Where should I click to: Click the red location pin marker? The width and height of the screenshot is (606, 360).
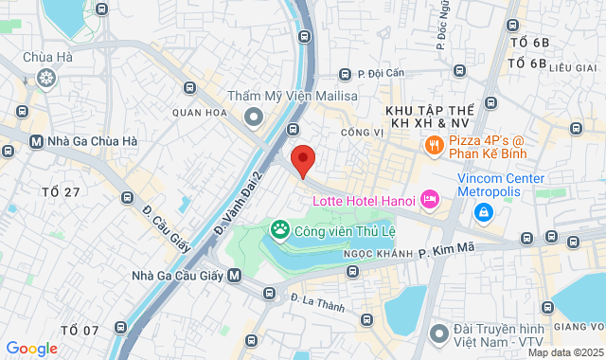(x=302, y=160)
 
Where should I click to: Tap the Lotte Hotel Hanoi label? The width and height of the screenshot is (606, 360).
(x=365, y=200)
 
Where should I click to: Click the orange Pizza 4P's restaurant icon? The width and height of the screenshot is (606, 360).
(x=433, y=145)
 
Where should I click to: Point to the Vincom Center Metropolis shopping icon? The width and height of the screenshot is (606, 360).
(x=483, y=211)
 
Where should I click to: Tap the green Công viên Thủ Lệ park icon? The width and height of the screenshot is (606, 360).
(x=279, y=228)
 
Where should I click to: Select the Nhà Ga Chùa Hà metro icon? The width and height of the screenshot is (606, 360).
(x=36, y=142)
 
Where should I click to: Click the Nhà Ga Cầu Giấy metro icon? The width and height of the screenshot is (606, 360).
(x=235, y=276)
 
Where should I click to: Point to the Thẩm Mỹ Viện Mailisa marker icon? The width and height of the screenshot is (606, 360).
(x=253, y=117)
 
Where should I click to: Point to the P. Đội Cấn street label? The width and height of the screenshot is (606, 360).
(x=380, y=73)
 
